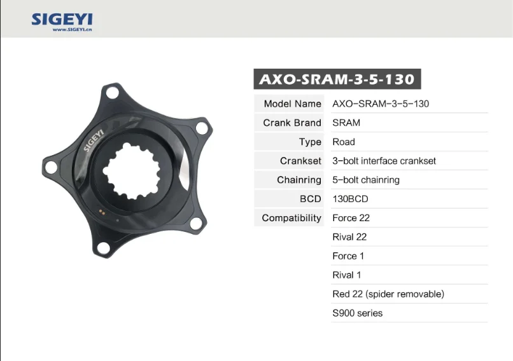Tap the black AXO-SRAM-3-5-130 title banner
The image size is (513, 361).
pyautogui.click(x=337, y=79)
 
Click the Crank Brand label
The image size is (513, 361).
pyautogui.click(x=292, y=123)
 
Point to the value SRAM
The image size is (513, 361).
pyautogui.click(x=346, y=123)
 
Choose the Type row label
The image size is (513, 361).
pyautogui.click(x=310, y=142)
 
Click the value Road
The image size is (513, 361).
pyautogui.click(x=344, y=142)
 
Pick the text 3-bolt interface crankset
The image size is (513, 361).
pyautogui.click(x=384, y=161)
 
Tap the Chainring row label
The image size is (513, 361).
pyautogui.click(x=299, y=180)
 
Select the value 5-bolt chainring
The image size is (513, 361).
pyautogui.click(x=366, y=180)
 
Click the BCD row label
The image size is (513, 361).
pyautogui.click(x=311, y=199)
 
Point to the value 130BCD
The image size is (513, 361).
pyautogui.click(x=350, y=199)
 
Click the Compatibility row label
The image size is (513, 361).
pyautogui.click(x=292, y=218)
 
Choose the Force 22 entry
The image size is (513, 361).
pyautogui.click(x=351, y=218)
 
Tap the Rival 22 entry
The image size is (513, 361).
pyautogui.click(x=349, y=237)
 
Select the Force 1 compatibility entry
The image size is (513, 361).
pyautogui.click(x=348, y=256)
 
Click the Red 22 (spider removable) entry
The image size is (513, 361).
pyautogui.click(x=388, y=294)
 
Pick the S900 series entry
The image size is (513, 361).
pyautogui.click(x=358, y=313)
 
